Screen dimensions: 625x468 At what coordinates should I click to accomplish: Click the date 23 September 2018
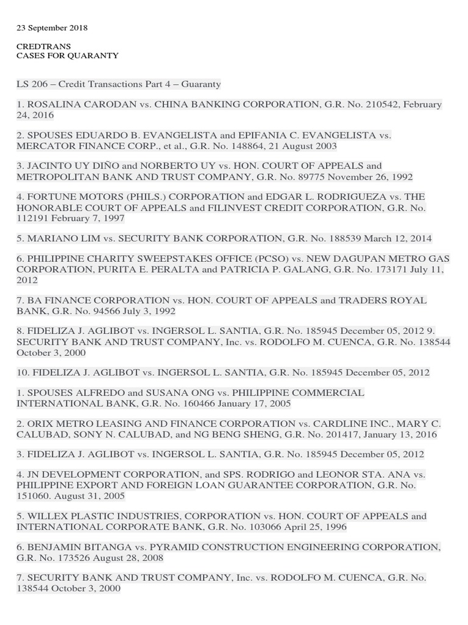pyautogui.click(x=52, y=28)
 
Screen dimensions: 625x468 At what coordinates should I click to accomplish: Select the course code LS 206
pyautogui.click(x=32, y=84)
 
